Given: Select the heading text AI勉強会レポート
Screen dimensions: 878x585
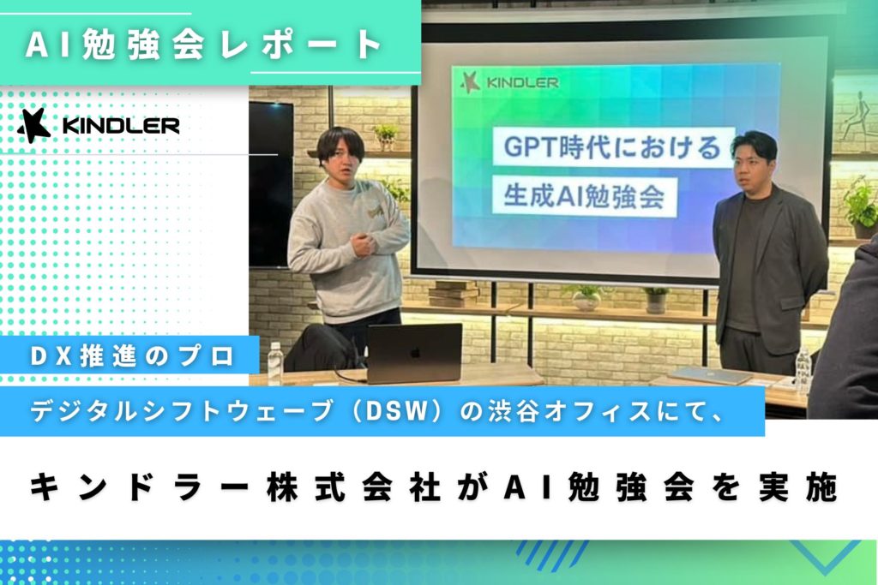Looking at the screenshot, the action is tap(204, 45).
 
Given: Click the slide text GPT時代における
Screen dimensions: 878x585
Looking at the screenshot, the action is tap(612, 146).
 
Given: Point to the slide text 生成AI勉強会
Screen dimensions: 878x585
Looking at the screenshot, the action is tap(583, 196).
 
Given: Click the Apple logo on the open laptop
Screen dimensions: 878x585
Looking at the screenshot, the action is tap(414, 353).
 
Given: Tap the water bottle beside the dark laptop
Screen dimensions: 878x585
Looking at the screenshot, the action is tap(274, 363).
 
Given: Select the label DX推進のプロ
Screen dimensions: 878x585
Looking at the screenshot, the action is tap(132, 356).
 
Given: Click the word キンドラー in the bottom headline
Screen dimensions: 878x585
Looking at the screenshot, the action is tap(139, 487).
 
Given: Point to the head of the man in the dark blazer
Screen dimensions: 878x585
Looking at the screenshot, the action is tap(754, 160).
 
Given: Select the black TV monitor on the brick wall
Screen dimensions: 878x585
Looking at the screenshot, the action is tap(271, 184).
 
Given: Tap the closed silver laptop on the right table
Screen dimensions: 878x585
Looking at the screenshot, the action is tap(710, 376).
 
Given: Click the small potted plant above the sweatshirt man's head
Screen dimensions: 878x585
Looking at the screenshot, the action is tap(386, 136).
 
